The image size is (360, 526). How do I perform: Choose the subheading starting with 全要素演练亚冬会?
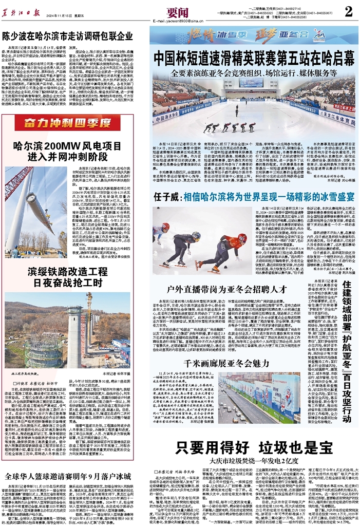(252, 73)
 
